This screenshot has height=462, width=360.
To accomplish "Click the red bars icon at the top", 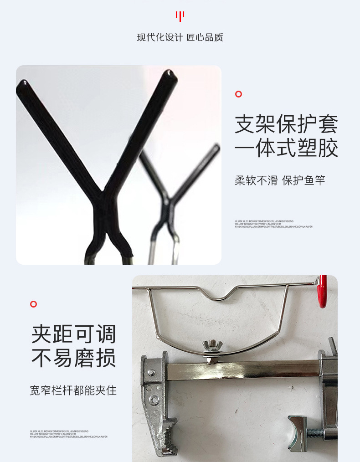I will pos(180,16).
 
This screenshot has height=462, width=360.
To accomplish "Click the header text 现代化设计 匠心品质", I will pos(180,37).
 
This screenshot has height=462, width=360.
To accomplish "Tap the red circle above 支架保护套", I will pos(238,94).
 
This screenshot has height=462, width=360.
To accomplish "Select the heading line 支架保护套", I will pos(286,124).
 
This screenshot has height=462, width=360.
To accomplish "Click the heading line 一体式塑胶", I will pos(286,149).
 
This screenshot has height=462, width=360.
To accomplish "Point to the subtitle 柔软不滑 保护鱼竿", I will pos(280,180).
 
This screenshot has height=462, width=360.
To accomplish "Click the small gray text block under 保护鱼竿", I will pos(273,224).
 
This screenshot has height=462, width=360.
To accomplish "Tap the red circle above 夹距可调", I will pos(33,304).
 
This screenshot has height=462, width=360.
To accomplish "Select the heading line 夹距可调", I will pos(73,334).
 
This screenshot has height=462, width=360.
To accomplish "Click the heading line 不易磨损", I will pos(73,359).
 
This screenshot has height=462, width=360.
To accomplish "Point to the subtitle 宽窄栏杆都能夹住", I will pos(73,390).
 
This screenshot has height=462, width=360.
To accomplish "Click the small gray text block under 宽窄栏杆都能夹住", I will pos(68,434).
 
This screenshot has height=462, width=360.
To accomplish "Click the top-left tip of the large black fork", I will pos(23,84).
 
